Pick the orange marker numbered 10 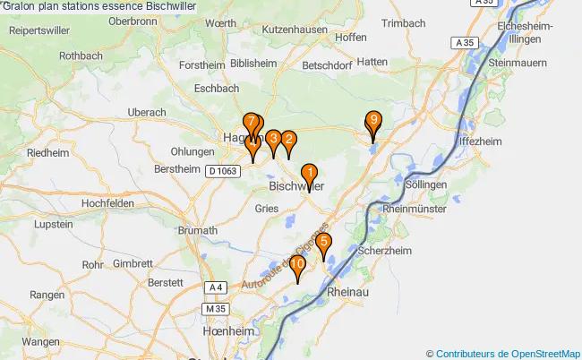tap(297, 266)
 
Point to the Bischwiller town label tap(296, 186)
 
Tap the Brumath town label tap(197, 230)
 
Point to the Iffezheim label tap(477, 141)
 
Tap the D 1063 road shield tap(223, 170)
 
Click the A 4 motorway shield tap(214, 287)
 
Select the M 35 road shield tap(212, 307)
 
